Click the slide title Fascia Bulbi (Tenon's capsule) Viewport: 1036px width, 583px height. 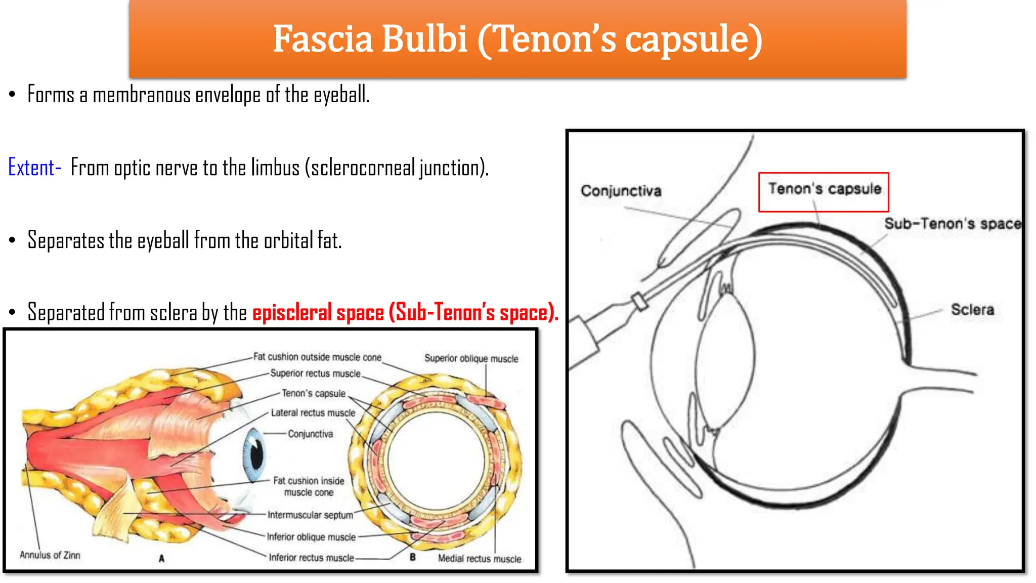click(517, 39)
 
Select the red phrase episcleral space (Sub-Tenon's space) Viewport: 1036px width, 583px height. click(405, 313)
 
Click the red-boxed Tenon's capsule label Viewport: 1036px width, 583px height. click(824, 189)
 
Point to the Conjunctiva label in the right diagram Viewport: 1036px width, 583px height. click(621, 191)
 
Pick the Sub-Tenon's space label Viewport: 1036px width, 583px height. click(952, 224)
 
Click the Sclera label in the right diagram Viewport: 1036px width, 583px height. click(972, 310)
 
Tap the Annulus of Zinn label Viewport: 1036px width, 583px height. click(50, 555)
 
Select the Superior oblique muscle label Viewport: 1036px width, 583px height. click(471, 359)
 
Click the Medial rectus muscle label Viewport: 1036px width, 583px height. click(479, 559)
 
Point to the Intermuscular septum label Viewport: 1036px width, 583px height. click(310, 515)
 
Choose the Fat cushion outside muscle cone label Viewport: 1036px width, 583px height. click(317, 357)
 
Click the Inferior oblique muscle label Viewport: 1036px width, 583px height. click(311, 537)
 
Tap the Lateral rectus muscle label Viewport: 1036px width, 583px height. click(313, 413)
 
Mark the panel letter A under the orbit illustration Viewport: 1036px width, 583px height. click(161, 559)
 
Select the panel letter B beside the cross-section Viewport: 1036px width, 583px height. click(413, 557)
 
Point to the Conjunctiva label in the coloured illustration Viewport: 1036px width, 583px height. click(310, 434)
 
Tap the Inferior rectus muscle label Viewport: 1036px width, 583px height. click(311, 558)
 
